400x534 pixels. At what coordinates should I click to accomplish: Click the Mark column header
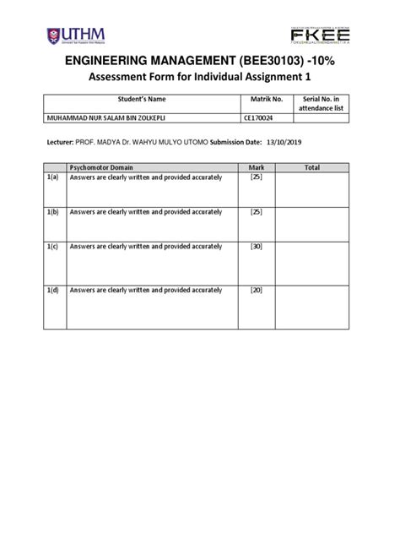tap(257, 168)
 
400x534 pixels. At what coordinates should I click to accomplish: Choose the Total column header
tap(312, 168)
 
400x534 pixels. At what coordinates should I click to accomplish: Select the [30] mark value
tap(257, 247)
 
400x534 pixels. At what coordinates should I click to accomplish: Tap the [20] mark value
tap(257, 290)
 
